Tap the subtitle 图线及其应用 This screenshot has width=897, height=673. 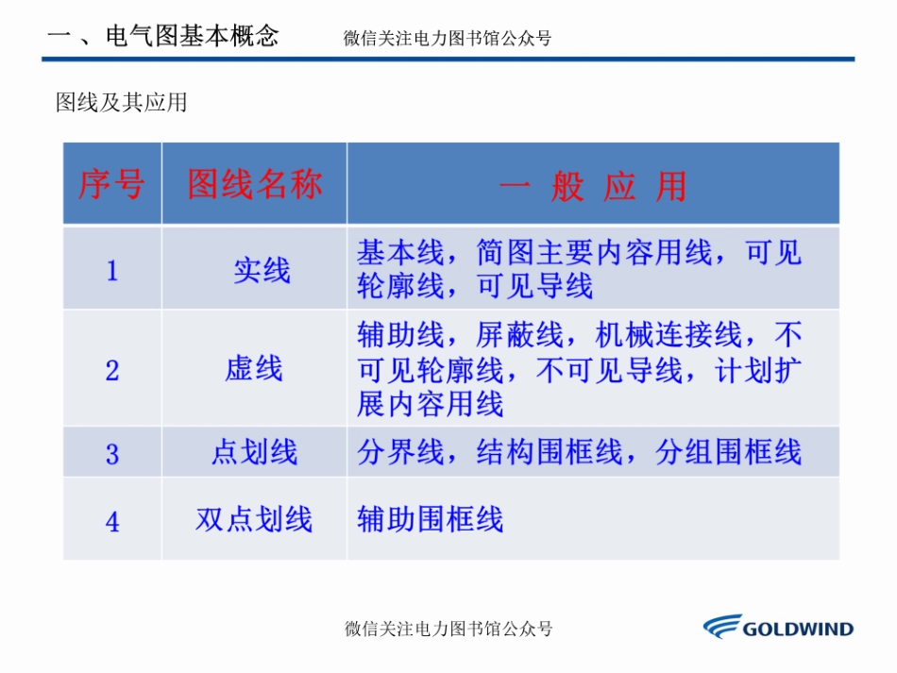point(122,102)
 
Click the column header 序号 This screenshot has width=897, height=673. point(111,185)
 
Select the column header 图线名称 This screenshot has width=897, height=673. point(254,185)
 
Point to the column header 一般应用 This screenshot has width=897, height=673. point(592,186)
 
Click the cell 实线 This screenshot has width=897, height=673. point(262,272)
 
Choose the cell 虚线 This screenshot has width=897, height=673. point(253,369)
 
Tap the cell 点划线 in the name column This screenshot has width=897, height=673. point(253,453)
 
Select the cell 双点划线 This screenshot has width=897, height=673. point(253,520)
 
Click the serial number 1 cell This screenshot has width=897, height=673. point(112,272)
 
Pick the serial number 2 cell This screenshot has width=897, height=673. point(112,370)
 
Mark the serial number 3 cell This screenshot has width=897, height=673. point(112,455)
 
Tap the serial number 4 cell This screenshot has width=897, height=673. point(112,521)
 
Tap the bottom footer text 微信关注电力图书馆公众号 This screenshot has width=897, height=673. point(448,629)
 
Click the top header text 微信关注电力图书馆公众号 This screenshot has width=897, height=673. point(448,39)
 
